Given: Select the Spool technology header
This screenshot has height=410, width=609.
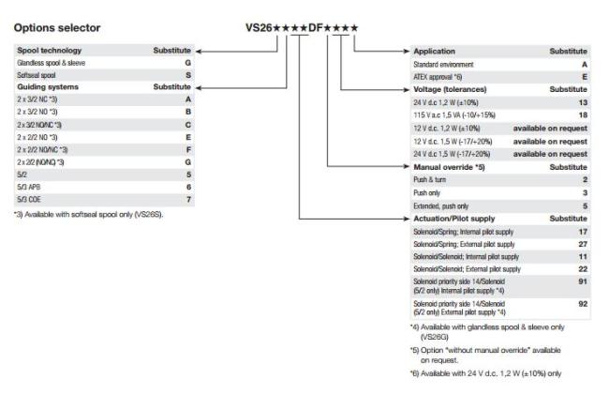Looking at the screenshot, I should point(50,50).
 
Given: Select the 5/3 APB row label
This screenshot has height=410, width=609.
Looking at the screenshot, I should point(29,186).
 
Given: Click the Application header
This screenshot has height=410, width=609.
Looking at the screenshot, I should point(436,50).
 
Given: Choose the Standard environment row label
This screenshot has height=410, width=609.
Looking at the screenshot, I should point(443,62).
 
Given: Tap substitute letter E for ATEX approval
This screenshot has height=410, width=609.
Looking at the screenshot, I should point(585,75).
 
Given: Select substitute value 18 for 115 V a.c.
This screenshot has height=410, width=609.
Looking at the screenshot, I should point(582,113).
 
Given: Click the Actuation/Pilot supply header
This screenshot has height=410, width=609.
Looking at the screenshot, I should point(456,218).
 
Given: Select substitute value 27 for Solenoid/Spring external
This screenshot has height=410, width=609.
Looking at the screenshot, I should point(582,243).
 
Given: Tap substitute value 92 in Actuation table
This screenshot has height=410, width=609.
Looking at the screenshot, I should point(582,303).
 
